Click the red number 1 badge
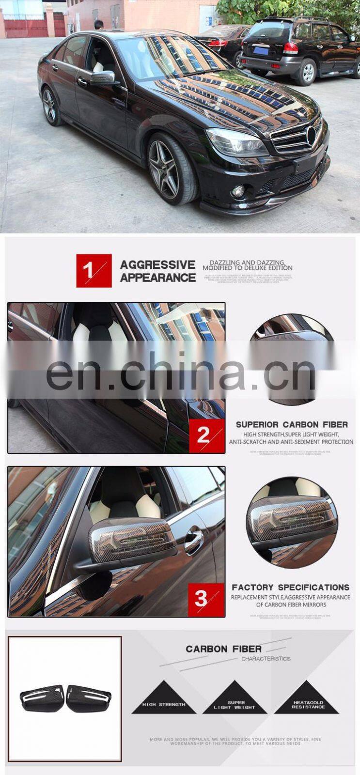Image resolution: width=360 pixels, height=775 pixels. tap(94, 270)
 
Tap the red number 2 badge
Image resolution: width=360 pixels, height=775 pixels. tap(206, 435)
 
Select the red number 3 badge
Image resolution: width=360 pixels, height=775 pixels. tap(206, 599)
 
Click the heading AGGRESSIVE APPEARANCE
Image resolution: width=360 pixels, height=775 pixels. tap(157, 271)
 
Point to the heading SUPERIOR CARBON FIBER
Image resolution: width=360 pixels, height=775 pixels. tap(292, 424)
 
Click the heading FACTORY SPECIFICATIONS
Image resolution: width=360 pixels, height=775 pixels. tap(290, 587)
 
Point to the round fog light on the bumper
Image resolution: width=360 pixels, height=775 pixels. tap(238, 191)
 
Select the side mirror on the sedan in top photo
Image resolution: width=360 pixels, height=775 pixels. tap(102, 77)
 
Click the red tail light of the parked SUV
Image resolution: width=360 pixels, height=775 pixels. tap(290, 47)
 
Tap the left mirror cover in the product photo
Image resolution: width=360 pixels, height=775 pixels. tap(42, 698)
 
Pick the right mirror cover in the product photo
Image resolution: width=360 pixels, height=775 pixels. tap(89, 698)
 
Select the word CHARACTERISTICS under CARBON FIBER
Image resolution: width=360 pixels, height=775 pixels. tap(266, 659)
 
